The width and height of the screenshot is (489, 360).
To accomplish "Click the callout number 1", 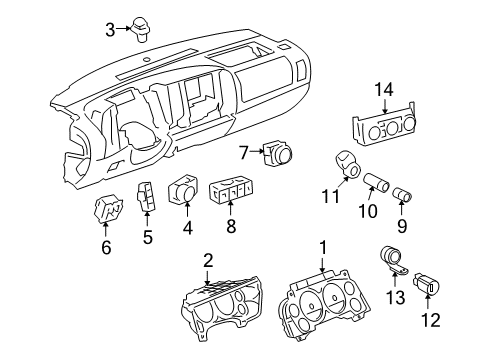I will [322, 246].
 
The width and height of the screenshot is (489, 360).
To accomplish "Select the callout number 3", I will [110, 28].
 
